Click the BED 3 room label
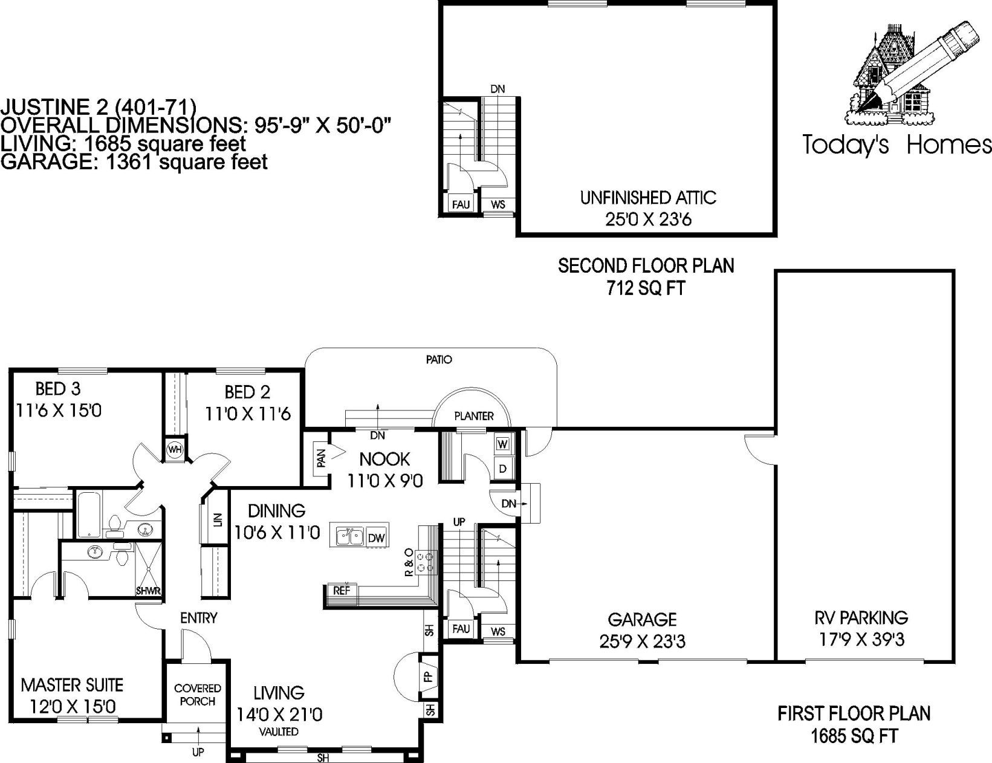point(58,388)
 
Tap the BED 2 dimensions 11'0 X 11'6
point(248,414)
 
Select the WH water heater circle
point(175,450)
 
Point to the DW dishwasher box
point(376,537)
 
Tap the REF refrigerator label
point(342,591)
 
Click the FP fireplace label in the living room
point(429,677)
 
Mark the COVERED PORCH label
point(198,695)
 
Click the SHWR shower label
point(148,591)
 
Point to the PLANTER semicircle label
point(474,416)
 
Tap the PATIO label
point(439,360)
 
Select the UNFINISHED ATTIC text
point(648,198)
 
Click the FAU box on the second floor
point(461,204)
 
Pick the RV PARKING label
point(861,618)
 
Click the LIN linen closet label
point(218,520)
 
